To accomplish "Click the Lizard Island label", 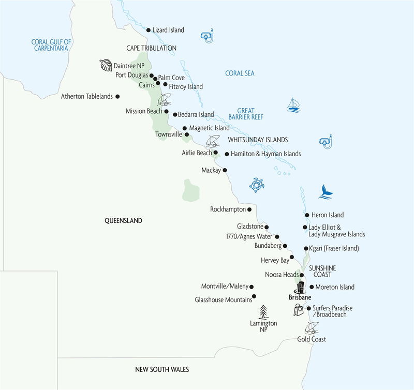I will (168, 31).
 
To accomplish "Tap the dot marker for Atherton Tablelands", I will (118, 96).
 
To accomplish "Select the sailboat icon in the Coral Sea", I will (294, 104).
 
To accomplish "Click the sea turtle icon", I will (257, 185).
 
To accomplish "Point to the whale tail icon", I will (326, 191).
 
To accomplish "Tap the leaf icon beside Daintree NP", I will (106, 65).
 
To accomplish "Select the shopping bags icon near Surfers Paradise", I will (299, 310).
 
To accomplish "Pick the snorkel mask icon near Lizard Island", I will (207, 36).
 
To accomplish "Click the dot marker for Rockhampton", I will (250, 209).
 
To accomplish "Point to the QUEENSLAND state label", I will (123, 220).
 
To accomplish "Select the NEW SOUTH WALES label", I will (162, 369).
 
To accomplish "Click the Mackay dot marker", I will (225, 170).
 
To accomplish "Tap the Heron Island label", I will (327, 215).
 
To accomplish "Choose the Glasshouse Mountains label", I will (222, 299).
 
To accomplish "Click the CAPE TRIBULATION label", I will (152, 48).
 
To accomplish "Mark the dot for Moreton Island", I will (311, 287).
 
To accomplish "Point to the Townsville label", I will (169, 134).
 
